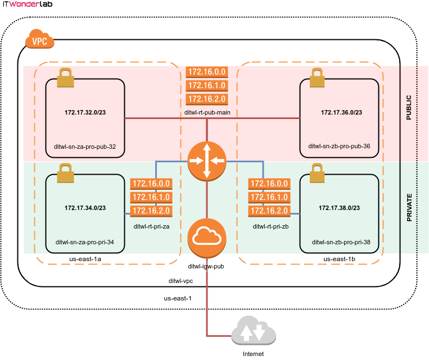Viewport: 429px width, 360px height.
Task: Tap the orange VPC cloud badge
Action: [40, 40]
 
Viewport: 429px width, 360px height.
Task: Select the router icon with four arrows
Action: [207, 161]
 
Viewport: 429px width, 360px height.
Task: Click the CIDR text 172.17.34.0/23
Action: [85, 208]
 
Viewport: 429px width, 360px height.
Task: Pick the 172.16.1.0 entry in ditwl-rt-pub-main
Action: [207, 85]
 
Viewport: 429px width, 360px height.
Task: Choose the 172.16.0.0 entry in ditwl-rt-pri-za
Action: [150, 184]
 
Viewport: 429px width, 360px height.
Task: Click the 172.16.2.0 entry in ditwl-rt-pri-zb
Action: [269, 211]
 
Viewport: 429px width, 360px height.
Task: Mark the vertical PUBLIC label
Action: [409, 107]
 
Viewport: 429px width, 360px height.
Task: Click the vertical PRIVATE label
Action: [409, 207]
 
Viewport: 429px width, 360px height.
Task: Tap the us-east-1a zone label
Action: [85, 259]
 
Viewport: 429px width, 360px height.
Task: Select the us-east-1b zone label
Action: [339, 259]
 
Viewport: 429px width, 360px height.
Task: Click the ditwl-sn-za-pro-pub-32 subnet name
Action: [85, 145]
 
